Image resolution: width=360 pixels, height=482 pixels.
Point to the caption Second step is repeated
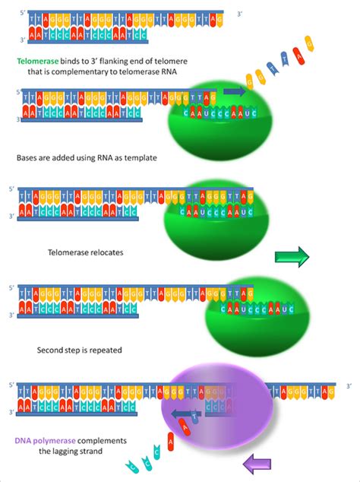81,350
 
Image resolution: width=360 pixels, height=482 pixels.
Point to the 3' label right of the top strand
240,14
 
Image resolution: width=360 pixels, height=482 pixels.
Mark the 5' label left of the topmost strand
9,10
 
